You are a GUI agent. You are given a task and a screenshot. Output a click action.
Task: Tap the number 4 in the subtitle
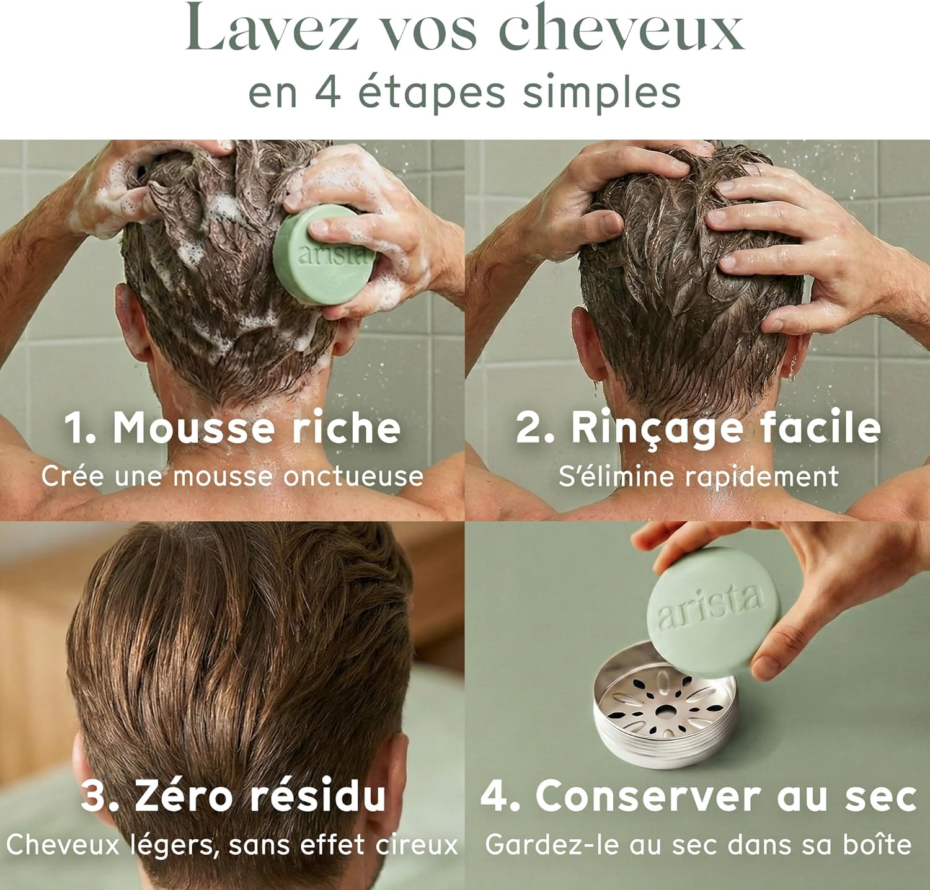point(326,93)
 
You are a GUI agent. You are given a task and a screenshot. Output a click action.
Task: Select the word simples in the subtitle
point(601,93)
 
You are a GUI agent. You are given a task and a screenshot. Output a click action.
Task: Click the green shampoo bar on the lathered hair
point(324,255)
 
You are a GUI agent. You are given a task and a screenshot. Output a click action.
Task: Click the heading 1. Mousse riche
point(232,428)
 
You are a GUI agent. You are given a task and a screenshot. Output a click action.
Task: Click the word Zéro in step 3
point(186,796)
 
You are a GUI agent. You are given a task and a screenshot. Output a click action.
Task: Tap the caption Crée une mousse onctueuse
point(232,476)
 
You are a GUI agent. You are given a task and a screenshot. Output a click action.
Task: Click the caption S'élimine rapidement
point(698,476)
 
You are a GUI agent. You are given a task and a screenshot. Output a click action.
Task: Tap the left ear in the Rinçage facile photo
point(586,341)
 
